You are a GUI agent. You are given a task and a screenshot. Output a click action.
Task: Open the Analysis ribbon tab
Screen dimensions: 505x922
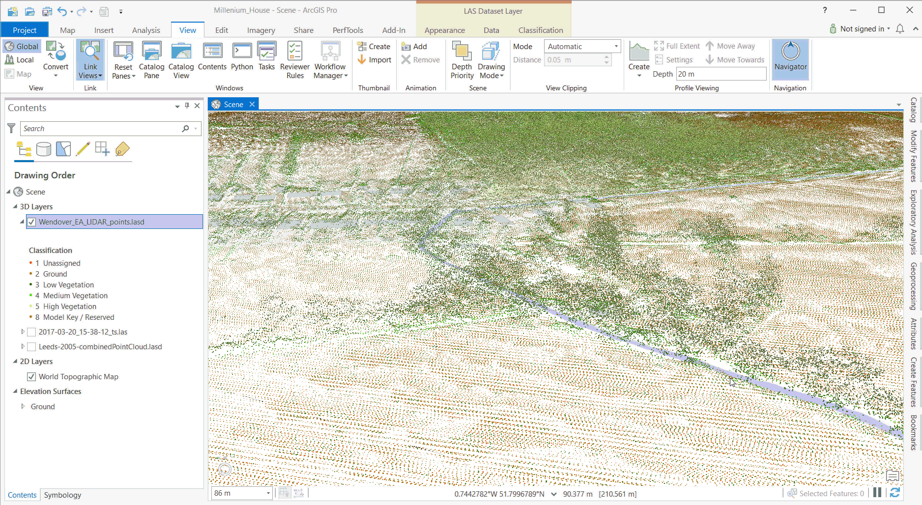click(146, 30)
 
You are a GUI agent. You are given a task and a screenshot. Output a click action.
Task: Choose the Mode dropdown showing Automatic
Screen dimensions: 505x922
click(582, 46)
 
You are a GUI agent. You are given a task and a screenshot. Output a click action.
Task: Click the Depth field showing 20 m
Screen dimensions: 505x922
click(720, 74)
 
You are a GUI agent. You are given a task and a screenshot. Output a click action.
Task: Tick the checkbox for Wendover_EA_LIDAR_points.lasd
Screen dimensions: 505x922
click(31, 222)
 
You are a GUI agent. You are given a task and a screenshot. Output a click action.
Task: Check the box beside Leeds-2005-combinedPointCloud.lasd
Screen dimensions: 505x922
click(31, 347)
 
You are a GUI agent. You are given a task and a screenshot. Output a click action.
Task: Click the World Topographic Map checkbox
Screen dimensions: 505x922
click(31, 377)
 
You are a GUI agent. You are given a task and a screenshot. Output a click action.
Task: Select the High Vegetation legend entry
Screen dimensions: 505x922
click(69, 307)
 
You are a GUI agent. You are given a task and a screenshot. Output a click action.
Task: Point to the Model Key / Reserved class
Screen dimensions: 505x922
click(78, 317)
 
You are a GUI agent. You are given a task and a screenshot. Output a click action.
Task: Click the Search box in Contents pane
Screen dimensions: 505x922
click(101, 129)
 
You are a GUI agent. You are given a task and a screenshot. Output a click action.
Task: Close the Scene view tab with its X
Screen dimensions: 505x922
click(252, 104)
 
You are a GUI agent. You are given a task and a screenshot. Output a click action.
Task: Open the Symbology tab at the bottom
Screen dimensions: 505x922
click(62, 495)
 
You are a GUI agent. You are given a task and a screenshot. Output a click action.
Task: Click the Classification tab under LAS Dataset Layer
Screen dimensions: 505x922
click(540, 30)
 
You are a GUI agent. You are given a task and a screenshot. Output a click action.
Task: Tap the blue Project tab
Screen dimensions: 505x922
click(25, 30)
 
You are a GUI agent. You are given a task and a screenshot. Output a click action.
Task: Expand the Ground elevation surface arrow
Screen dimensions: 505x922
click(23, 407)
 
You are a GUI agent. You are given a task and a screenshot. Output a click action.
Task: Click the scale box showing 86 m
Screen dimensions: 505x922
click(241, 493)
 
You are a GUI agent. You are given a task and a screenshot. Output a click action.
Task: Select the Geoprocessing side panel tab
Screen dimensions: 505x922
click(913, 286)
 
